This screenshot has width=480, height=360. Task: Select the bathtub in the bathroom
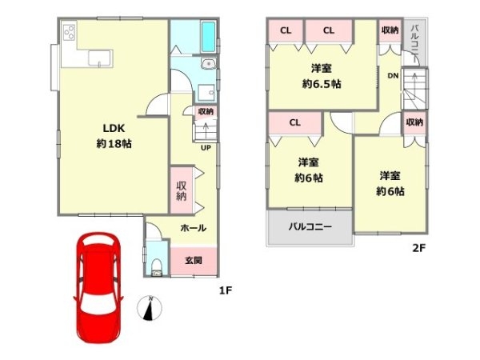(206, 36)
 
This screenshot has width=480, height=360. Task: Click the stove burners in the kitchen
(67, 34)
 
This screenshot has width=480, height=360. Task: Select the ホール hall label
(194, 228)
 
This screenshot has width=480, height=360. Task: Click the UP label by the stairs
(206, 148)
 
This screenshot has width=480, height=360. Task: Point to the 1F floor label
(226, 290)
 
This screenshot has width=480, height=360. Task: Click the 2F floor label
(418, 247)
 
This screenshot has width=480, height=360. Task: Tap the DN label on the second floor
(393, 75)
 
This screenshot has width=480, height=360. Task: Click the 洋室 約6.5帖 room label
(322, 74)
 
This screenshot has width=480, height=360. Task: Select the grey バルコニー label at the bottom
(310, 226)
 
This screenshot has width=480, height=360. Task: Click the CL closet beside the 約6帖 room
(294, 122)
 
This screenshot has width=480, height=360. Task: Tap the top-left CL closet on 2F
(285, 31)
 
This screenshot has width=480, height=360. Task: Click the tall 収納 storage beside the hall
(182, 190)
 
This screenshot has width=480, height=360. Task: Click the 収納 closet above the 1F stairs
(205, 112)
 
